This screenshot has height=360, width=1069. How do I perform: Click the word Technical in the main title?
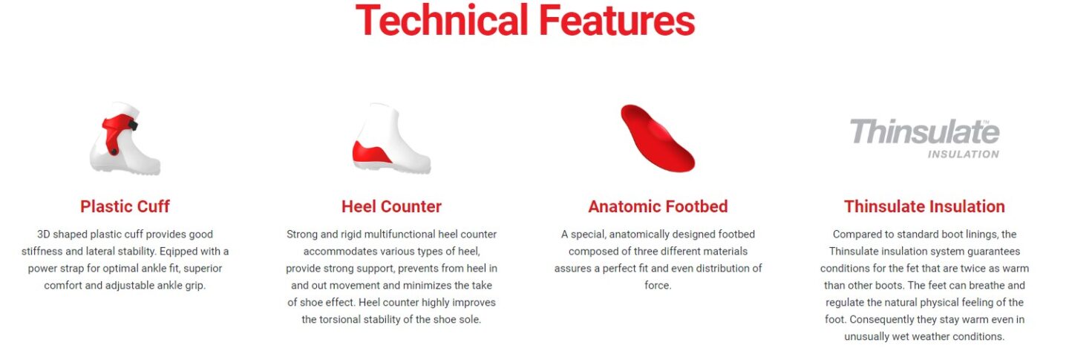tap(442, 20)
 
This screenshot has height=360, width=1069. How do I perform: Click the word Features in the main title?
tap(617, 20)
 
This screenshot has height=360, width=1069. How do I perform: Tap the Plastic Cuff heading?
tap(125, 206)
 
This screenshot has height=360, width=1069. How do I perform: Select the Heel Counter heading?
tap(391, 206)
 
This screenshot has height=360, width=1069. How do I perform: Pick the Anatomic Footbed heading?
tap(658, 206)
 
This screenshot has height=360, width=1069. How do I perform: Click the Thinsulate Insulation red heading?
tap(924, 206)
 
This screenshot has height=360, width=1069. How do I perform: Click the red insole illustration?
tap(658, 139)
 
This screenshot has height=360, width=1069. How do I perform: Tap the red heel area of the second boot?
tap(371, 153)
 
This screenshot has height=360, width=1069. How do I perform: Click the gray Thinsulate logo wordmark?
tap(924, 132)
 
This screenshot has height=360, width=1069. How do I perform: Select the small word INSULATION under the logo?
tap(963, 154)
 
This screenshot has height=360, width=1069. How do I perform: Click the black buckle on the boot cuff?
tap(133, 125)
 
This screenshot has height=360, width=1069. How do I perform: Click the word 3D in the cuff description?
tap(43, 235)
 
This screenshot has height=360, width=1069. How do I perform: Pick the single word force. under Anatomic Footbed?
tap(658, 286)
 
